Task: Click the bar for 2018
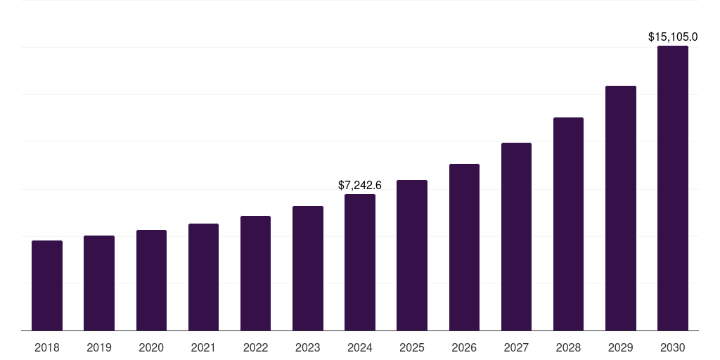(x=47, y=285)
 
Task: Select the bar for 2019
(x=99, y=283)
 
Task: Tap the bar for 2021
(x=203, y=277)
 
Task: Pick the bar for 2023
(x=308, y=268)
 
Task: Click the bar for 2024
(x=360, y=262)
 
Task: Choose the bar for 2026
(x=464, y=247)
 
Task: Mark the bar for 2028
(x=568, y=224)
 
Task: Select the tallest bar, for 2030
(x=673, y=188)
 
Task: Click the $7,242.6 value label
(x=360, y=186)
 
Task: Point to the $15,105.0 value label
(x=673, y=37)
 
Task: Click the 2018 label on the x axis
(x=47, y=347)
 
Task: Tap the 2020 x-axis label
(x=151, y=347)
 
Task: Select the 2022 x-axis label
(x=255, y=347)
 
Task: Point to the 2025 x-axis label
(x=412, y=347)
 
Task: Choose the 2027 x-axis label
(x=516, y=347)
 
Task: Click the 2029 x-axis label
(x=620, y=347)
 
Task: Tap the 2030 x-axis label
(x=673, y=347)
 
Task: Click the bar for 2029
(x=620, y=208)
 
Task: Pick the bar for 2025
(x=412, y=255)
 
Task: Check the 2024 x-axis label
(x=360, y=347)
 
